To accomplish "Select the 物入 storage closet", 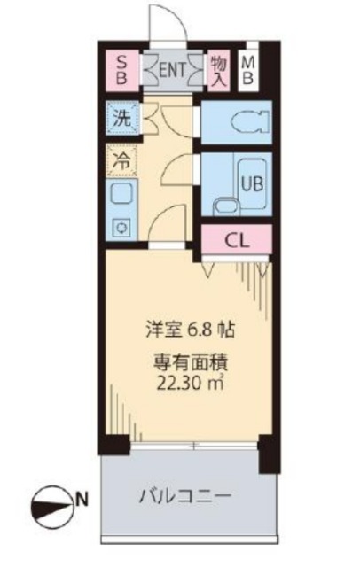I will pyautogui.click(x=217, y=68).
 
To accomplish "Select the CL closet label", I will pyautogui.click(x=235, y=238).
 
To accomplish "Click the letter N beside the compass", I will pyautogui.click(x=82, y=502).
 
